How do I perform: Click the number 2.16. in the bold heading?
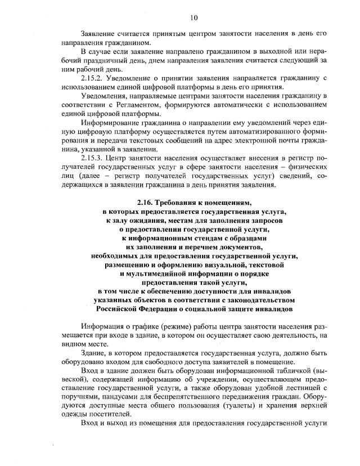coord(147,202)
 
